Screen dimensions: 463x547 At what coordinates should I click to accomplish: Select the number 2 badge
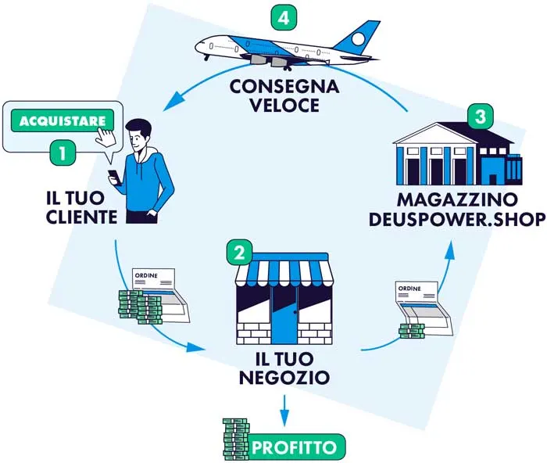(238, 252)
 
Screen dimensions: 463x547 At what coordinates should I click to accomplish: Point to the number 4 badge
(281, 16)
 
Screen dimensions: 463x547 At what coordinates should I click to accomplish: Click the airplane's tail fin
(366, 36)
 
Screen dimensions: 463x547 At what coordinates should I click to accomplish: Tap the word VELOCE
(284, 105)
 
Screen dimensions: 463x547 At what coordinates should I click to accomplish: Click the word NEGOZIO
(284, 379)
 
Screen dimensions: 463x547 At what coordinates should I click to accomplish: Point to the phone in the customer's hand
(112, 175)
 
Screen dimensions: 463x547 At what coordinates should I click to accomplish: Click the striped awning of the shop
(284, 270)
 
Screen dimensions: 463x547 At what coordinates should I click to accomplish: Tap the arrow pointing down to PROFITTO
(284, 409)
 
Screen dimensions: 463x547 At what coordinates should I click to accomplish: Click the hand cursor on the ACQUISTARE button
(104, 135)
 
